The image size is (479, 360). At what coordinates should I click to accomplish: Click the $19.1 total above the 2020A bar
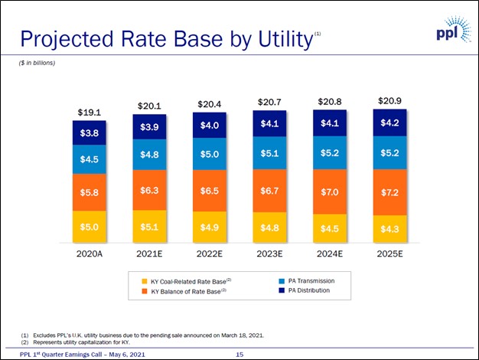pyautogui.click(x=89, y=113)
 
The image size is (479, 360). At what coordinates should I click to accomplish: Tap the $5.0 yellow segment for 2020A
pyautogui.click(x=89, y=227)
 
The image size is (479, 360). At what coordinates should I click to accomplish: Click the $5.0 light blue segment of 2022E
pyautogui.click(x=209, y=154)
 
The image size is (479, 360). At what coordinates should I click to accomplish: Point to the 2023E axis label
pyautogui.click(x=269, y=254)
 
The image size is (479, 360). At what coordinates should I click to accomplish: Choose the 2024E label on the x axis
pyautogui.click(x=330, y=254)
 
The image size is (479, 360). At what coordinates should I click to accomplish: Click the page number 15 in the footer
pyautogui.click(x=239, y=354)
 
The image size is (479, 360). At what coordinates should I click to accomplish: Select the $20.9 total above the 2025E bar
pyautogui.click(x=389, y=101)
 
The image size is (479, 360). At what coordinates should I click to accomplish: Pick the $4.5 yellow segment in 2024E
pyautogui.click(x=330, y=228)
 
